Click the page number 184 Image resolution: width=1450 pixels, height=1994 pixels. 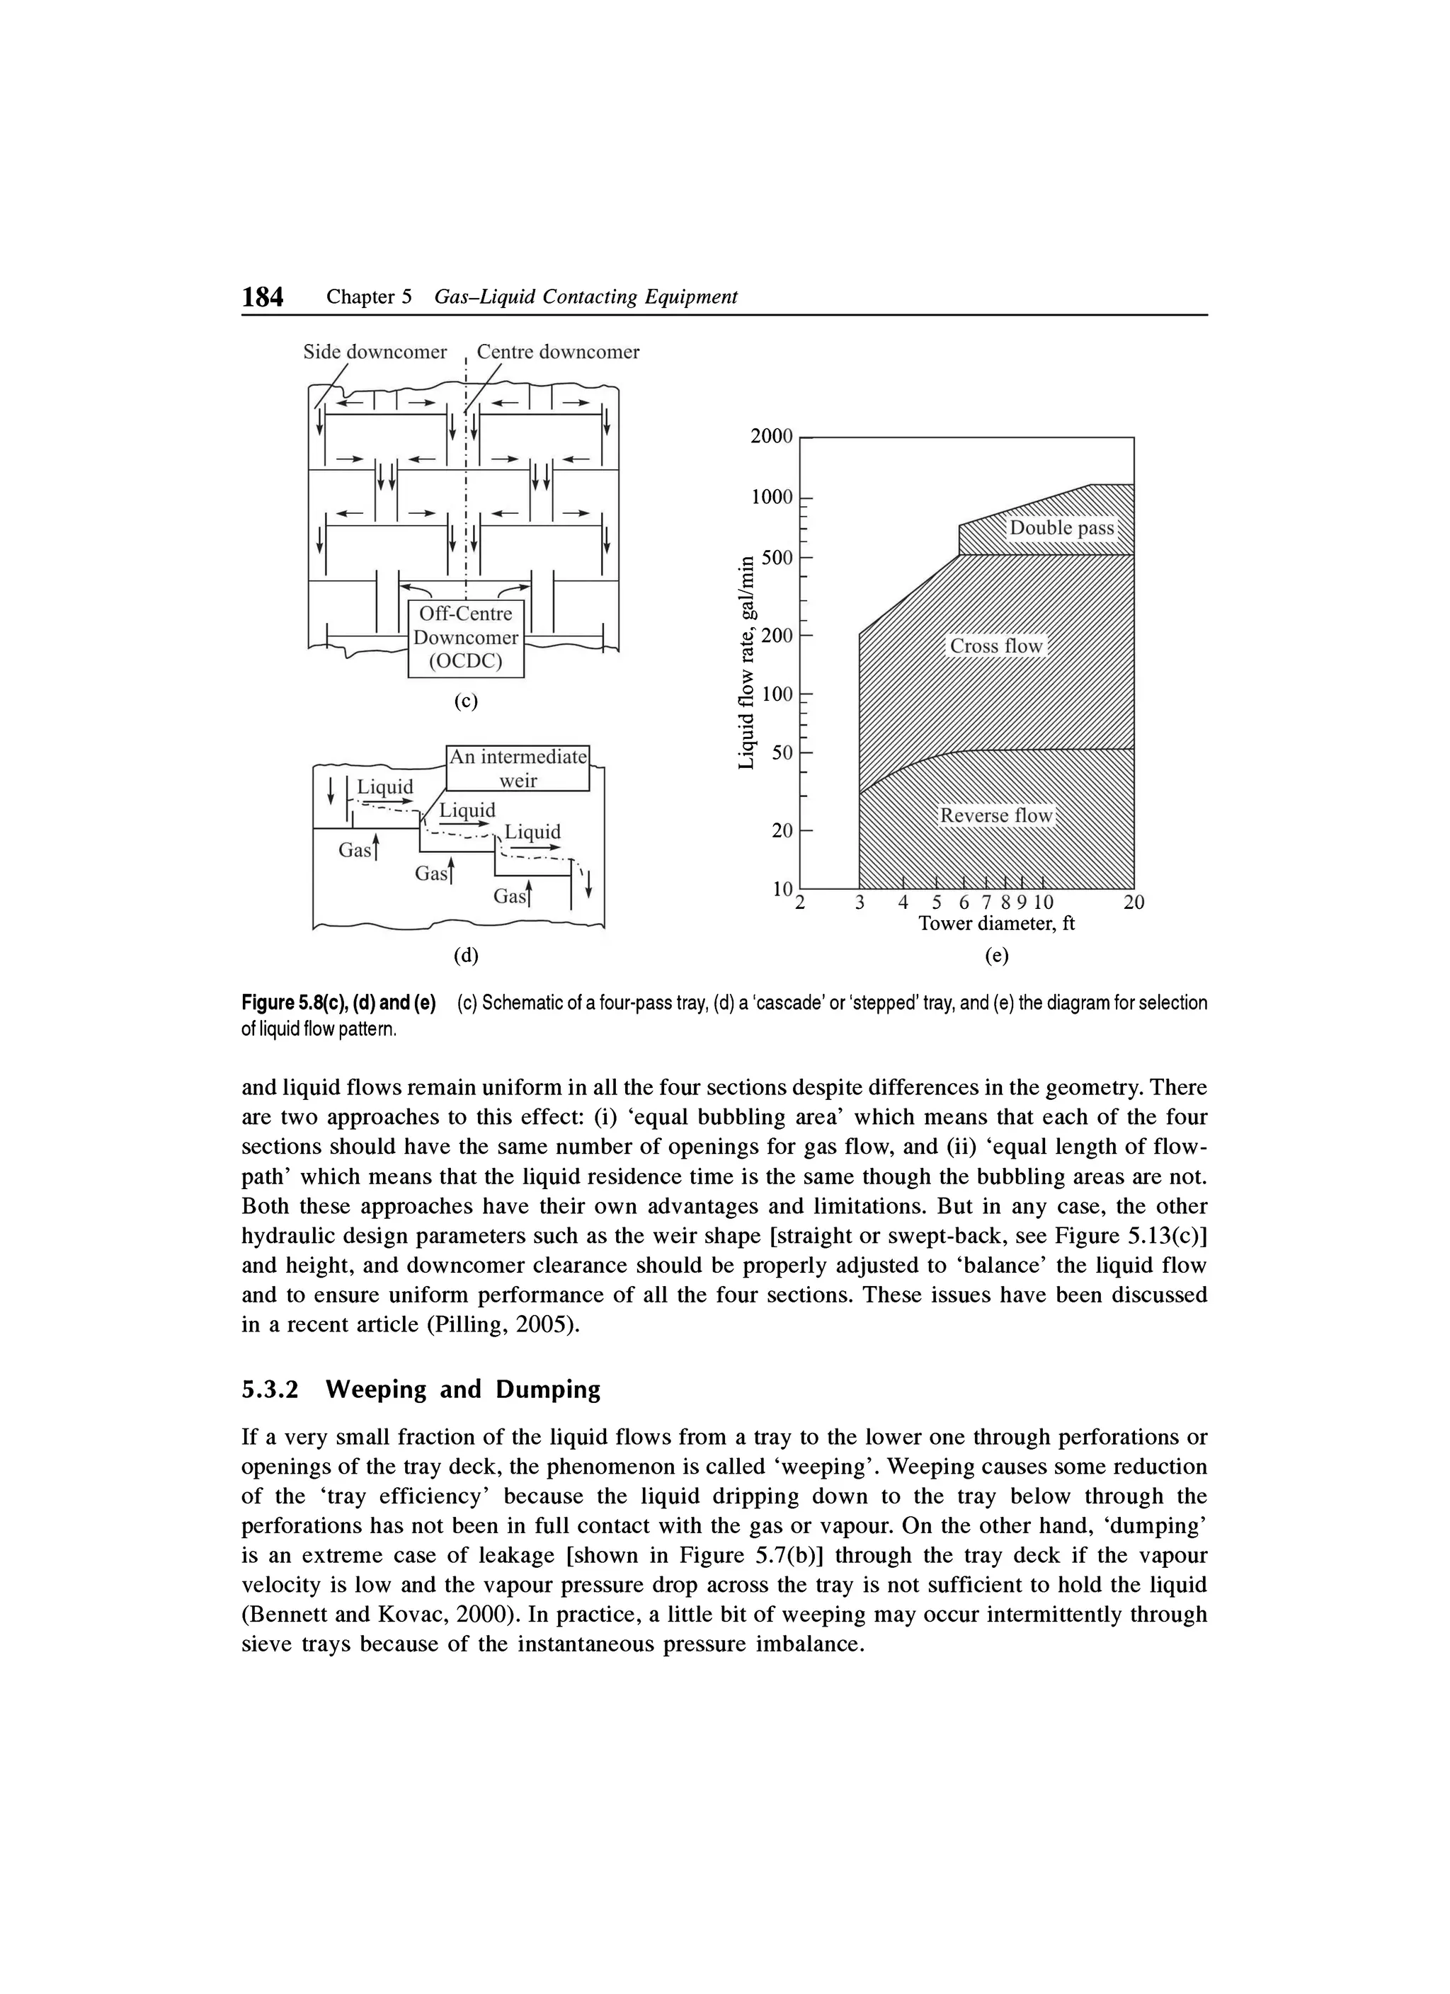[263, 298]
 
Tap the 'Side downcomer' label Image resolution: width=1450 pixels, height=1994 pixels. [375, 353]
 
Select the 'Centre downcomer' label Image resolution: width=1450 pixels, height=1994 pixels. [557, 353]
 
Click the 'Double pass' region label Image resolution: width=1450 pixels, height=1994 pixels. [1061, 528]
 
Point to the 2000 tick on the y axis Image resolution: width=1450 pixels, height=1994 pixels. [771, 437]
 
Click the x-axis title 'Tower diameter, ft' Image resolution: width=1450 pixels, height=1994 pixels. [996, 924]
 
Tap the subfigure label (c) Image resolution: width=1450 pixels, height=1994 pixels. [465, 701]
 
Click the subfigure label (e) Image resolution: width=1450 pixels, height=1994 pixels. [996, 956]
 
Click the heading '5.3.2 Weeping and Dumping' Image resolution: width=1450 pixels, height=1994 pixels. [421, 1390]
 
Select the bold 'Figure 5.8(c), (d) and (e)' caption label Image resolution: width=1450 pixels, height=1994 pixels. [338, 1003]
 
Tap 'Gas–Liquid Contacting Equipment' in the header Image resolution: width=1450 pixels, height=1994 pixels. [586, 298]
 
